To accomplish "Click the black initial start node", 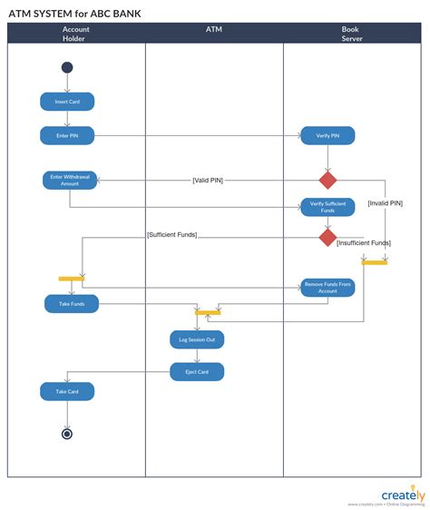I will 67,67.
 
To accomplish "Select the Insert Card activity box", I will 67,102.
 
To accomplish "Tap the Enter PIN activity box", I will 67,135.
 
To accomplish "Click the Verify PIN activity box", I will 327,135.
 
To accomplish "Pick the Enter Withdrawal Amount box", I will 70,180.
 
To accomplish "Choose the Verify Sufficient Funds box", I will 327,206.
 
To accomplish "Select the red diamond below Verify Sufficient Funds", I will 327,237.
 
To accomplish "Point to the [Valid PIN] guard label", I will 208,180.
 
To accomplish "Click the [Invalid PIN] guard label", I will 385,203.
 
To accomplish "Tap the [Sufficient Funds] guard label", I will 171,235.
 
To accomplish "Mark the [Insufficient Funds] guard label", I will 363,243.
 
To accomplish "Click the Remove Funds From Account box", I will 327,287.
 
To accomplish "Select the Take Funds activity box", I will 72,304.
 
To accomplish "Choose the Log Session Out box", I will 196,339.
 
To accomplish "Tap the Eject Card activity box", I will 196,371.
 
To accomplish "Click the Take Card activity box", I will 67,391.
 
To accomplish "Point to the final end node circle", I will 67,434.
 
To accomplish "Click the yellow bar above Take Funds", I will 72,278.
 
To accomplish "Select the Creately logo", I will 402,495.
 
